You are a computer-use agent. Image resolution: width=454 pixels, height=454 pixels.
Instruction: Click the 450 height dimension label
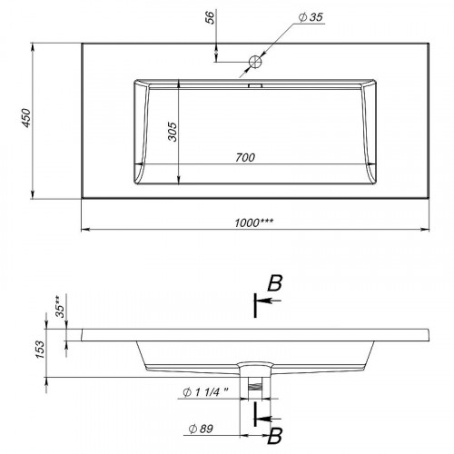[x=27, y=118]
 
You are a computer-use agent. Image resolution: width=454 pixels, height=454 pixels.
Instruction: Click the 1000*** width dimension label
[x=253, y=222]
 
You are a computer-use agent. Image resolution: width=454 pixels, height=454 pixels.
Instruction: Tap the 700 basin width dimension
[x=245, y=157]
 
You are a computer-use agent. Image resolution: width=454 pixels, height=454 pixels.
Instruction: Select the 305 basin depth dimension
[x=173, y=132]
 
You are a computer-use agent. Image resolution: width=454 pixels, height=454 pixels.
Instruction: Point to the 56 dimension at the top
[x=210, y=17]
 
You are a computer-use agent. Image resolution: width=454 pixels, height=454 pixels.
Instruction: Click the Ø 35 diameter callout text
[x=311, y=17]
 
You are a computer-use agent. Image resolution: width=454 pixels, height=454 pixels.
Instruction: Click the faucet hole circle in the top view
[x=255, y=62]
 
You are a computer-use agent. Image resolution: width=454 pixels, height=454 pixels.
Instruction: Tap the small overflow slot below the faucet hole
[x=255, y=85]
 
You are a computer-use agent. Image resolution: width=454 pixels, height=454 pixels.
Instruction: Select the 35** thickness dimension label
[x=61, y=307]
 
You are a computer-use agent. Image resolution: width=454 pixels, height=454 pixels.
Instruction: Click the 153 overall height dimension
[x=40, y=349]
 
